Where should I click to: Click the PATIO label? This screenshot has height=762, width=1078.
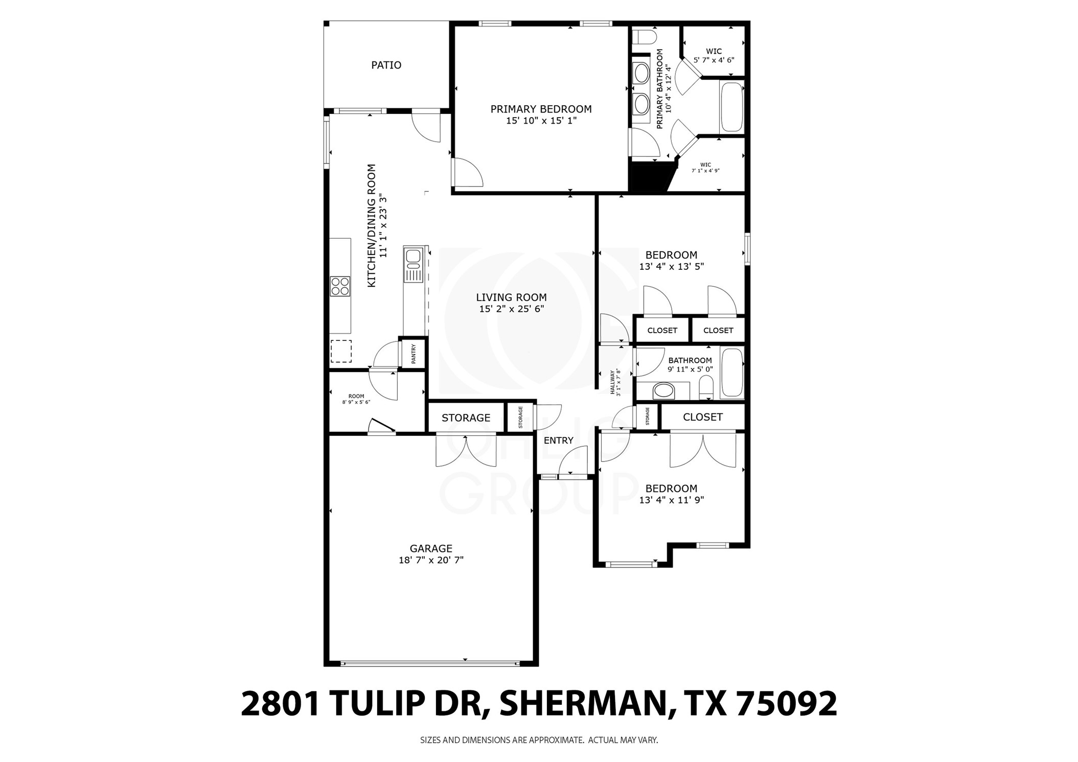[x=386, y=65]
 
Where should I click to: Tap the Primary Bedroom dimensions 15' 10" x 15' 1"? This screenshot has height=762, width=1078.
[x=541, y=121]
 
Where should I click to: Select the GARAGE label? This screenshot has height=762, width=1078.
[x=431, y=549]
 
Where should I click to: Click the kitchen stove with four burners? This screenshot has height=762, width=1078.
[x=340, y=286]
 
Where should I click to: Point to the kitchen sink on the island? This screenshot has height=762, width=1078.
[x=412, y=259]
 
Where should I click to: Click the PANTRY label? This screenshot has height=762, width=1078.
[x=414, y=354]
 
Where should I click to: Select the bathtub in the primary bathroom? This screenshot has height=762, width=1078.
[x=731, y=107]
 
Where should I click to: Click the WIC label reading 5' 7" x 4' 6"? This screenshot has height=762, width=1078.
[x=714, y=56]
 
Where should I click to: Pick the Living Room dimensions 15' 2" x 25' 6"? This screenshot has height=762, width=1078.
[x=511, y=309]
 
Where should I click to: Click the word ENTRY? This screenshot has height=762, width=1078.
[x=558, y=441]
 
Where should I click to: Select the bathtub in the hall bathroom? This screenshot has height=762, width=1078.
[x=731, y=373]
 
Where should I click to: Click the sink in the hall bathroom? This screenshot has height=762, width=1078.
[x=663, y=391]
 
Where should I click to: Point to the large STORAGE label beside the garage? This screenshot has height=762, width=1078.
[x=466, y=418]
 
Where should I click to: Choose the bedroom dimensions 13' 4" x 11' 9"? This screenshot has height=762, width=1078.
[x=671, y=500]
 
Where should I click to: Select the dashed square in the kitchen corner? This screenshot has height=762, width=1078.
[x=340, y=351]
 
